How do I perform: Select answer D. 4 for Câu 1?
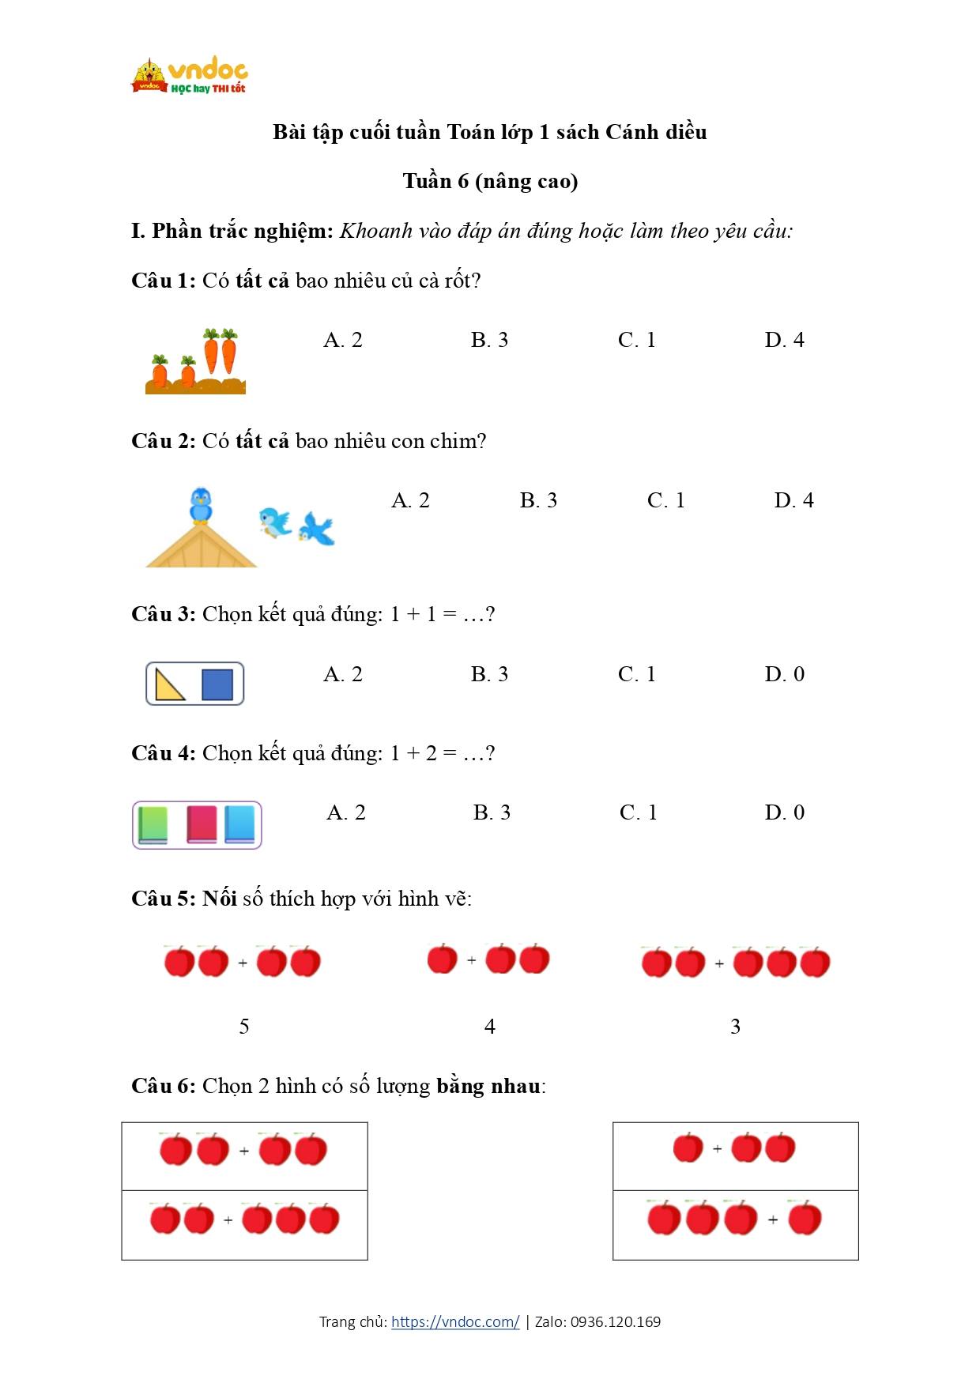coord(784,340)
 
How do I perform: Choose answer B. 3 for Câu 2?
coord(538,500)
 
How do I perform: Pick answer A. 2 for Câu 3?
coord(343,674)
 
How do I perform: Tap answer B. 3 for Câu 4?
coord(492,812)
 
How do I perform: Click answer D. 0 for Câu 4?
coord(784,812)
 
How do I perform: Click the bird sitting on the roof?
coord(201,506)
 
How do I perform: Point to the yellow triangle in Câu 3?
coord(169,685)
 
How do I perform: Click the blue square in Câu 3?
coord(217,684)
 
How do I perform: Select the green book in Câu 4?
coord(153,824)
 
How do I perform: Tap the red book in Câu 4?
coord(202,824)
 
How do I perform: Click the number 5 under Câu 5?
coord(244,1027)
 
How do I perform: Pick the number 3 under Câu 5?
coord(735,1027)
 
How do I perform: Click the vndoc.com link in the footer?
coord(455,1321)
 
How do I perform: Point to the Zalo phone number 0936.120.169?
coord(615,1321)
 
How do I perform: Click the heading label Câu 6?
coord(163,1086)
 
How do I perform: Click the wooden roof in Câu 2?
coord(202,549)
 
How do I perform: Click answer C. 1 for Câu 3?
coord(637,674)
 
